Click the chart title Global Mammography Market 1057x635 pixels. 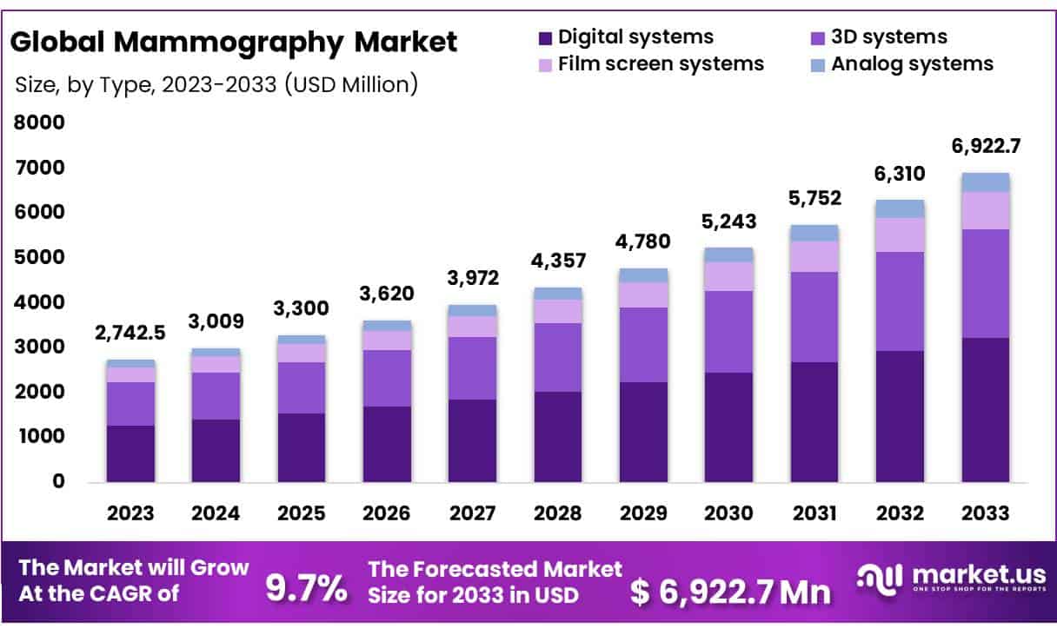(x=234, y=42)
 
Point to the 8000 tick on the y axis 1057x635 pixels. (x=39, y=122)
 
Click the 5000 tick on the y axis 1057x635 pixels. (x=39, y=257)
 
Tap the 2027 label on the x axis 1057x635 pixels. (x=473, y=513)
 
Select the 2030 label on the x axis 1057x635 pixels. (x=728, y=513)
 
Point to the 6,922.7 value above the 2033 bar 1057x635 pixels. (x=985, y=146)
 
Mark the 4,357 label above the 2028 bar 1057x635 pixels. (x=558, y=261)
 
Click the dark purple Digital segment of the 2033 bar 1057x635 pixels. (x=985, y=410)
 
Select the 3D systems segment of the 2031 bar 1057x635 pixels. (x=814, y=317)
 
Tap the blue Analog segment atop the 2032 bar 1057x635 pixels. (x=900, y=208)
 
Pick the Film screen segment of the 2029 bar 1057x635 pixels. (x=643, y=294)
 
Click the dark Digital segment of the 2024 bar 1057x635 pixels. (x=216, y=450)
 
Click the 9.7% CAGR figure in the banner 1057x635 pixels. (x=305, y=590)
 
